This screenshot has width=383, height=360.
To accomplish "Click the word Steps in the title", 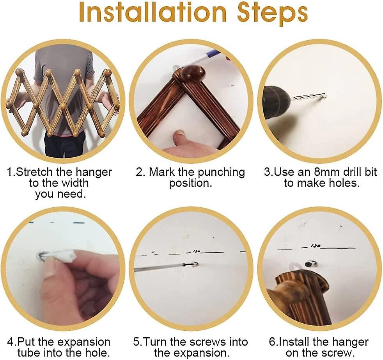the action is pos(272,14).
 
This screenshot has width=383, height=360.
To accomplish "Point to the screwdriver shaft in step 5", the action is pos(159,268).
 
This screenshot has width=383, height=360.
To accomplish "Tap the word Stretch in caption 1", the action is pos(33,172).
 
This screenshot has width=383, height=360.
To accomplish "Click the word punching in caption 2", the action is pos(221,173).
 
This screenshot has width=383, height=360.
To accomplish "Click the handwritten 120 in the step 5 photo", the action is pos(196,251).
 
